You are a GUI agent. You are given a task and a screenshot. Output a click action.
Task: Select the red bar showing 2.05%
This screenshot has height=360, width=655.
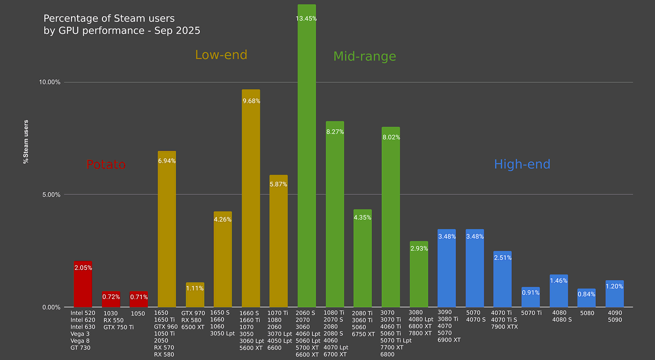[x=83, y=285]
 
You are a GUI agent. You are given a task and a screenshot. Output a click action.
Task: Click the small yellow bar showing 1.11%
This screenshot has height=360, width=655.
[x=195, y=297]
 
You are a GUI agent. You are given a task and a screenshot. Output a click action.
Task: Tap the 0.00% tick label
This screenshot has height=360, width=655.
[x=51, y=307]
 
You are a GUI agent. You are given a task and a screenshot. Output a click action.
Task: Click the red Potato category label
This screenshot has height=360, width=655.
[x=106, y=165]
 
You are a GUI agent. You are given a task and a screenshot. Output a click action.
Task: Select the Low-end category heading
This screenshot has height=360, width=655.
[x=221, y=55]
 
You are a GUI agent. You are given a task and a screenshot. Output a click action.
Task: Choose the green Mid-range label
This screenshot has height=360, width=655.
[x=364, y=57]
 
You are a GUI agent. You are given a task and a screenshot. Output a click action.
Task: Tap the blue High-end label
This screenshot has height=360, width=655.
[x=522, y=164]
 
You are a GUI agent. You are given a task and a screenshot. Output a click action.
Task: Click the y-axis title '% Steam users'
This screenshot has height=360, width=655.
[x=26, y=142]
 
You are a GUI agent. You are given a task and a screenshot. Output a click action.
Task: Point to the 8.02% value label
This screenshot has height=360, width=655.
[x=391, y=137]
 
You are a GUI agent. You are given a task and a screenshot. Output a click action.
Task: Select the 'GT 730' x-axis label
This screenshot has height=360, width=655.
[x=80, y=348]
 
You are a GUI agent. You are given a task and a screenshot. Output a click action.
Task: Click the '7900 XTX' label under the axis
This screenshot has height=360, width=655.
[x=504, y=327]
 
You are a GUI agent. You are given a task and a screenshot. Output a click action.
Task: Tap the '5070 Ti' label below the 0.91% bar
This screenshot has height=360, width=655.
[x=531, y=313]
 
